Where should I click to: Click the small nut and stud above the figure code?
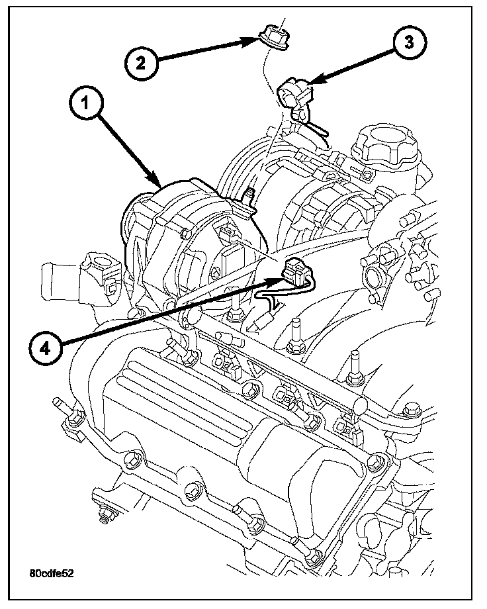[x=103, y=515]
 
